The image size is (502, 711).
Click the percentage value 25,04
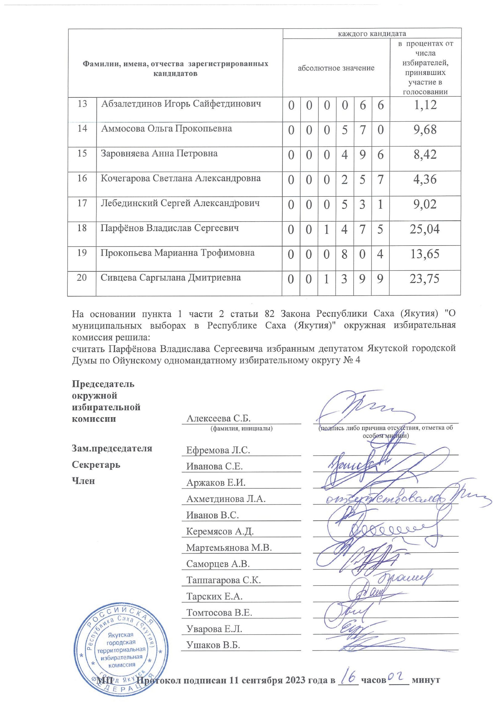click(425, 229)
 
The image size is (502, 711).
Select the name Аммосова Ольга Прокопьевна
click(167, 129)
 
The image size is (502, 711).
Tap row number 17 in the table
click(82, 203)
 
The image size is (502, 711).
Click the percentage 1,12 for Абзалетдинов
click(425, 105)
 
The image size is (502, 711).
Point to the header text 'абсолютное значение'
click(336, 68)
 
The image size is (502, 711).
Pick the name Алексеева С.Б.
click(218, 419)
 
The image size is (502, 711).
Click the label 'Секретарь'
click(96, 465)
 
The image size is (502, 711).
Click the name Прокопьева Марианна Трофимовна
click(177, 253)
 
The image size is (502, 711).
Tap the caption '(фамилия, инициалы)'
click(241, 429)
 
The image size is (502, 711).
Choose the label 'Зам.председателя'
click(112, 448)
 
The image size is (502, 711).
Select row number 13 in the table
click(82, 104)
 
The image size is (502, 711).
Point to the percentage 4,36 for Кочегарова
click(425, 179)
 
